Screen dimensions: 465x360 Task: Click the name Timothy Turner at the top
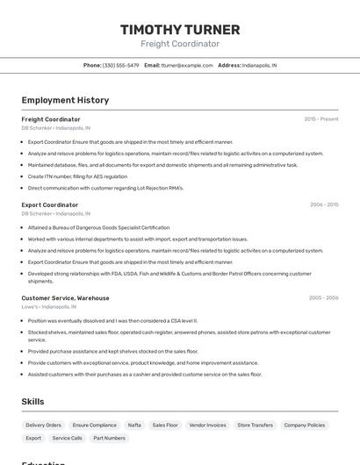180,29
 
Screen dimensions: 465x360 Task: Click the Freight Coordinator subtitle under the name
180,44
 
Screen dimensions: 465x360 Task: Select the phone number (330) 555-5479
120,65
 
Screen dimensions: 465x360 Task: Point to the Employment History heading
65,100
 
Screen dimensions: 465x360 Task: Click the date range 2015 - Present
321,119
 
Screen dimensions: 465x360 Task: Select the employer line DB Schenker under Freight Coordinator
55,128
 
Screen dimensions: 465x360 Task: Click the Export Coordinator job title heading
49,204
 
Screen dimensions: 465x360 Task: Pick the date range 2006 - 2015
324,204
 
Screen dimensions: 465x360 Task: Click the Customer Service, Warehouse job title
65,297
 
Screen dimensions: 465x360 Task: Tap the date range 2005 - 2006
324,297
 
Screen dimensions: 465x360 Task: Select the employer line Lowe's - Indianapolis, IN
48,307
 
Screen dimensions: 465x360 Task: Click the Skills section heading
32,402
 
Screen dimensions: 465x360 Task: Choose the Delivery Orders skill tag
44,425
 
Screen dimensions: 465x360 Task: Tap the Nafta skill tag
134,425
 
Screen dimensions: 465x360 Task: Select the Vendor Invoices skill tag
207,425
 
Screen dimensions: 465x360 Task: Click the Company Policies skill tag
305,425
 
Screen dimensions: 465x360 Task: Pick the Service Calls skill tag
67,438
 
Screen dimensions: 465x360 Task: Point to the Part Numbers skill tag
109,438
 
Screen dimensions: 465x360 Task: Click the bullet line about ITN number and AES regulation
77,176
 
